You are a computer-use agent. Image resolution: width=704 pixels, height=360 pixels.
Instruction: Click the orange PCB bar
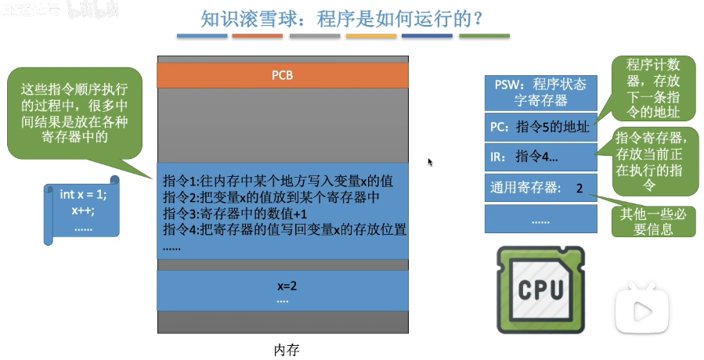point(283,76)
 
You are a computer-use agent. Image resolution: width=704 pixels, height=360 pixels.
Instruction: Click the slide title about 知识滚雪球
point(344,19)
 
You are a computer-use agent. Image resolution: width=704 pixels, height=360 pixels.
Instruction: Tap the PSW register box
point(540,92)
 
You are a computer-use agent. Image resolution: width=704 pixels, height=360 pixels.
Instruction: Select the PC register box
point(540,127)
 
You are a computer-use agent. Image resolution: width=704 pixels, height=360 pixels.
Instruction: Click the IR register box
point(540,157)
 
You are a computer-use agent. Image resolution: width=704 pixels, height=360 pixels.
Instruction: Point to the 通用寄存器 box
point(540,188)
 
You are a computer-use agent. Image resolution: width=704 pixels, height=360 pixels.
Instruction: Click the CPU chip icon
point(540,290)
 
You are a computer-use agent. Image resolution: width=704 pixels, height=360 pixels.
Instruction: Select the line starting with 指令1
point(270,181)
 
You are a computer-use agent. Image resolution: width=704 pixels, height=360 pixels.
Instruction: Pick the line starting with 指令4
point(285,229)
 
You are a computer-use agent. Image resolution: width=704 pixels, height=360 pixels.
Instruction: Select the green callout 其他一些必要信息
point(646,221)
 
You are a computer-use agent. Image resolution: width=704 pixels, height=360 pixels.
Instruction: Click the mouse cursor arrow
point(430,161)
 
